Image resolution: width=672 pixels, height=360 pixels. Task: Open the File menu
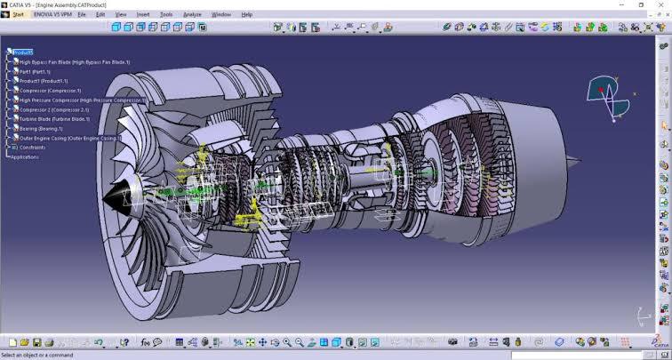tap(82, 15)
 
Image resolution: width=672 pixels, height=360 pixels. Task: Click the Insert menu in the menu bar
tap(141, 15)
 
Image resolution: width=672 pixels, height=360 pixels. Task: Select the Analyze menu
tap(192, 15)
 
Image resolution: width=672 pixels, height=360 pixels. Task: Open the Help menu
tap(247, 15)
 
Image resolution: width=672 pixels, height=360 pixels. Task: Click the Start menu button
tap(18, 15)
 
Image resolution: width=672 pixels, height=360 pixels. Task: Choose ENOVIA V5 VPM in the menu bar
tap(52, 15)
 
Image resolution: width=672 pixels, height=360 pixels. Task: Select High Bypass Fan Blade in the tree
tap(74, 62)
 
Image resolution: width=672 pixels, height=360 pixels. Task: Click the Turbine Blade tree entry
tap(54, 119)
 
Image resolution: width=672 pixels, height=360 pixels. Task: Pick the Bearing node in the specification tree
tap(43, 129)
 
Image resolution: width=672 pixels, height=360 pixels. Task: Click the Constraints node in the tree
tap(32, 148)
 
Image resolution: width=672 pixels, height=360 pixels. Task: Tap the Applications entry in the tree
tap(25, 157)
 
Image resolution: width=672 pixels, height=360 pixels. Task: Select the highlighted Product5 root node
tap(23, 52)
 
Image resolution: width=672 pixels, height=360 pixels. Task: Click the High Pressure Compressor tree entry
tap(80, 100)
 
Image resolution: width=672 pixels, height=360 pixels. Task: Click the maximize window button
tap(642, 4)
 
